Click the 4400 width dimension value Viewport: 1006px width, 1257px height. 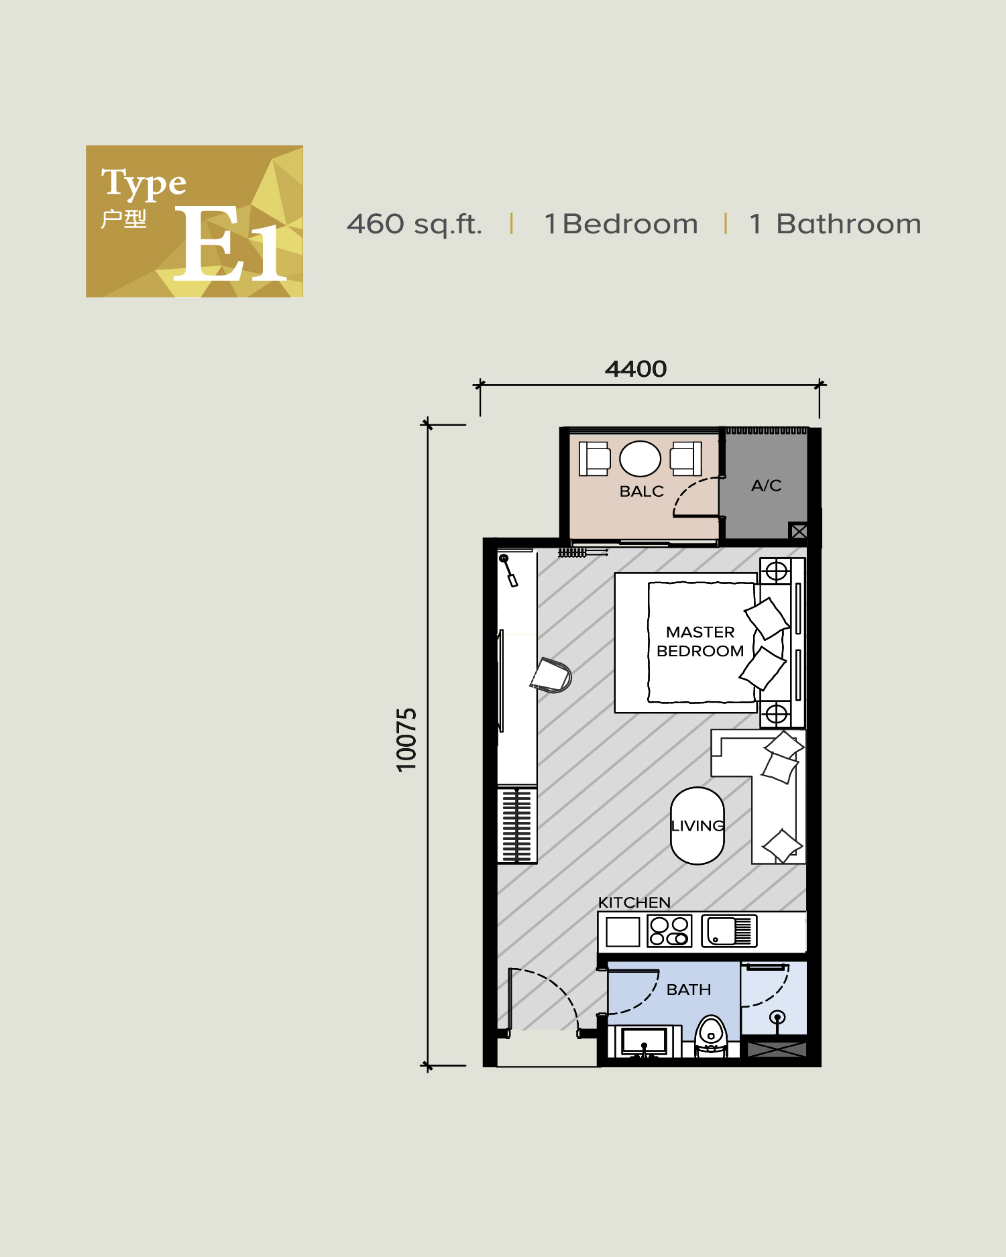pos(636,369)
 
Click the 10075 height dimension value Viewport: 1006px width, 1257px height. pos(406,739)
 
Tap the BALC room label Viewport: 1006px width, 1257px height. pos(641,491)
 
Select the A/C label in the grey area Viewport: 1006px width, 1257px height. pos(766,485)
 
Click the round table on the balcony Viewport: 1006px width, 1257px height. pos(640,459)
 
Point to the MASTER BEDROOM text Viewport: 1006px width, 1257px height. pos(700,642)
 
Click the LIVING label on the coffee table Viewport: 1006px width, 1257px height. pos(697,825)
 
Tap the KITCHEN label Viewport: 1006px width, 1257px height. pos(634,902)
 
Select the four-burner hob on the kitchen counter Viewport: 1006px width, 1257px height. pos(669,931)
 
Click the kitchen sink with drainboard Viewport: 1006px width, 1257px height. pos(728,931)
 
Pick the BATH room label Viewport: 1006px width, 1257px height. pos(688,990)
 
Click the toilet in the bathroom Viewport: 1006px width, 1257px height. pos(711,1035)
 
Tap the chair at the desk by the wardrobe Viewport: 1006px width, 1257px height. pos(551,675)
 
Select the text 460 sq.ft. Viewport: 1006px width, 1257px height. pos(414,224)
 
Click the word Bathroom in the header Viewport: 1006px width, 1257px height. pos(848,224)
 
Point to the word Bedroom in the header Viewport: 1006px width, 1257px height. pos(630,224)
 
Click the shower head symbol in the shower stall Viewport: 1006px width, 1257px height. pos(777,1018)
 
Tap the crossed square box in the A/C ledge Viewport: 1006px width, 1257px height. pos(798,532)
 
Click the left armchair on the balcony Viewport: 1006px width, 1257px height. pos(594,459)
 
